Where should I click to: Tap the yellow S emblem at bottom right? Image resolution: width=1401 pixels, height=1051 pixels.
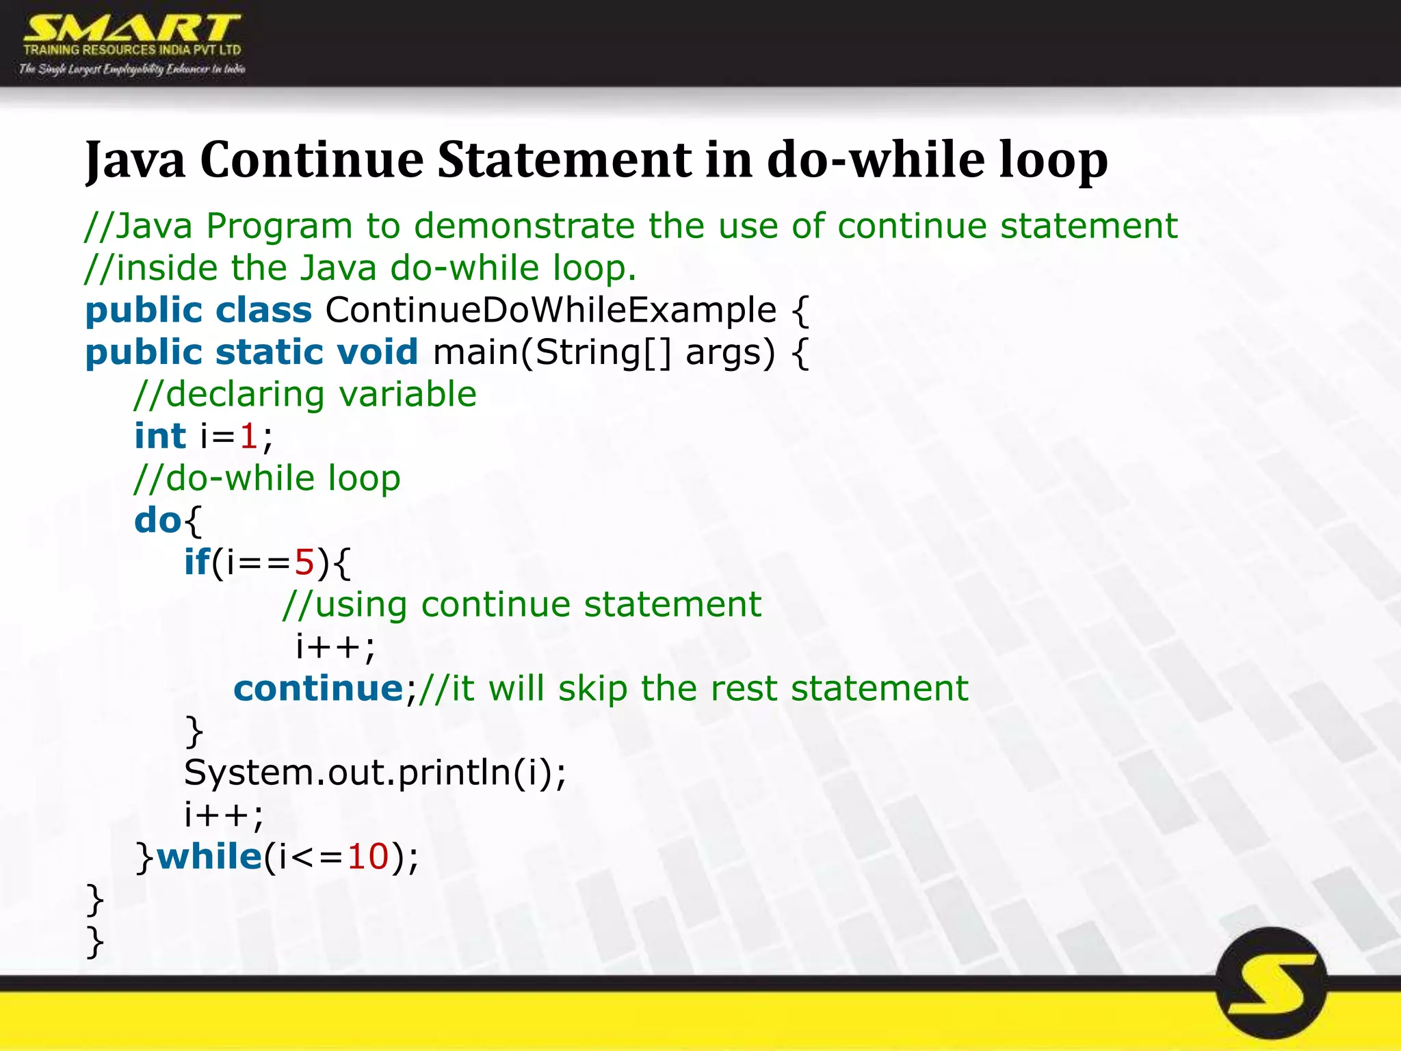pyautogui.click(x=1272, y=985)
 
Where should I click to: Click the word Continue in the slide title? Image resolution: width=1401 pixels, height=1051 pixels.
pyautogui.click(x=312, y=160)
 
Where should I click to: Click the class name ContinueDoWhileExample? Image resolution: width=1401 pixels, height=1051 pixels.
pyautogui.click(x=551, y=311)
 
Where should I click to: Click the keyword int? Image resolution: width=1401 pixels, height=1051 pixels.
pyautogui.click(x=159, y=437)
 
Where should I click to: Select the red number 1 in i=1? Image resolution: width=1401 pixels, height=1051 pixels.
pyautogui.click(x=249, y=437)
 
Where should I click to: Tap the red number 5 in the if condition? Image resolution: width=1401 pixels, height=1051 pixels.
pyautogui.click(x=304, y=563)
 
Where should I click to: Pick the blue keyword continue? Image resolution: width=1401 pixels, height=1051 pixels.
pyautogui.click(x=319, y=689)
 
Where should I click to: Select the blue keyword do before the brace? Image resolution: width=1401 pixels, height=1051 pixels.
pyautogui.click(x=157, y=521)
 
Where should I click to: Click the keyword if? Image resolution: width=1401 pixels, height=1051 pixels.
pyautogui.click(x=196, y=562)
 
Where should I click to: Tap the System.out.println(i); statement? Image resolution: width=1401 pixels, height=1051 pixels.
pyautogui.click(x=375, y=773)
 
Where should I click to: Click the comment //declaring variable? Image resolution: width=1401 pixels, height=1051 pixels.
pyautogui.click(x=305, y=395)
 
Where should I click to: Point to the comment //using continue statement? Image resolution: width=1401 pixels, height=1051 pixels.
pyautogui.click(x=522, y=605)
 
